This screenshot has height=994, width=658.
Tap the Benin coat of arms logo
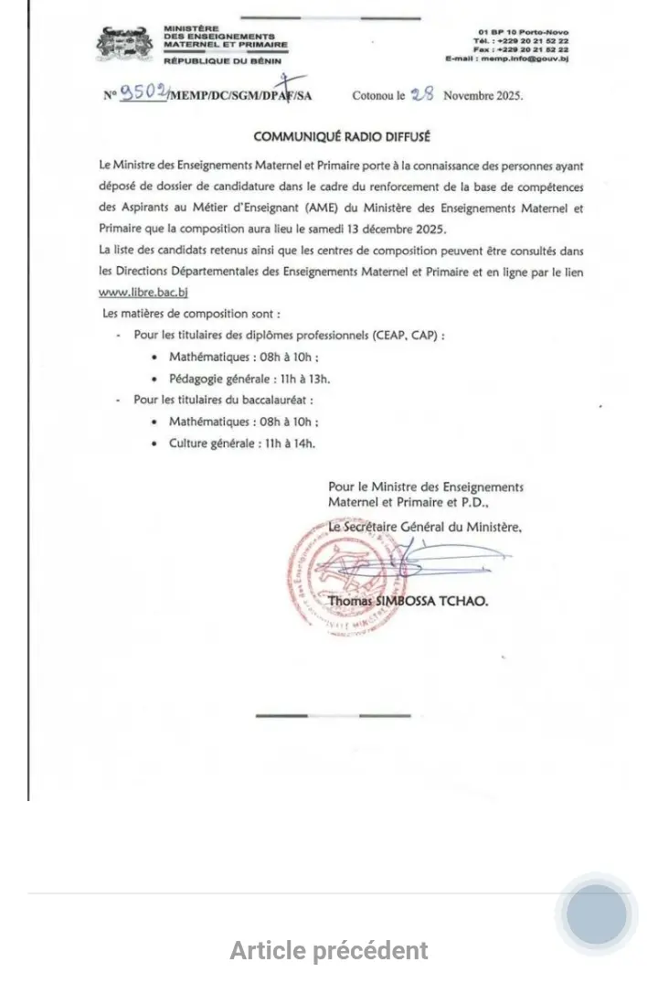point(125,43)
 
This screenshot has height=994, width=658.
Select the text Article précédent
point(329,950)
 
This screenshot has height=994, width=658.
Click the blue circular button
point(597,914)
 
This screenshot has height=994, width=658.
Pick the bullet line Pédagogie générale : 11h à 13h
point(249,379)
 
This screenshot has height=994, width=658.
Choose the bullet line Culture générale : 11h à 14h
point(242,443)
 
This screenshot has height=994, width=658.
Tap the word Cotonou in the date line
point(375,95)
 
